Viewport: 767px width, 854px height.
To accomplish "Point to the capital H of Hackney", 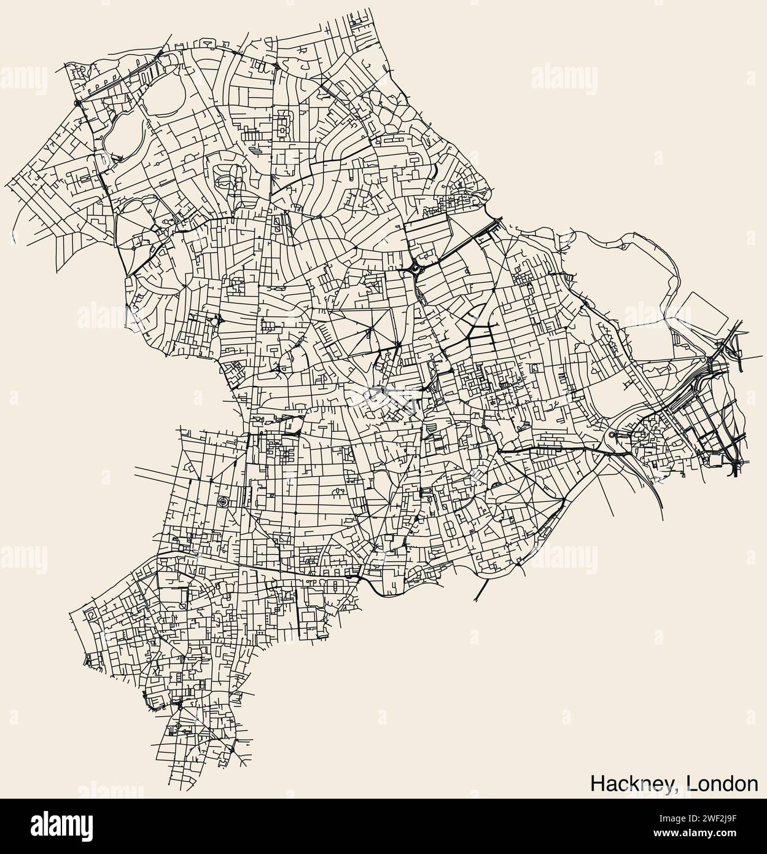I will (597, 783).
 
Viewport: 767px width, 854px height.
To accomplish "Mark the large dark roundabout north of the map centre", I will (415, 268).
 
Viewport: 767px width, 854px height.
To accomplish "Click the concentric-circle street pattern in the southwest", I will (222, 502).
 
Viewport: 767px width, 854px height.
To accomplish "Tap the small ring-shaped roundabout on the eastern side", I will (612, 436).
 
